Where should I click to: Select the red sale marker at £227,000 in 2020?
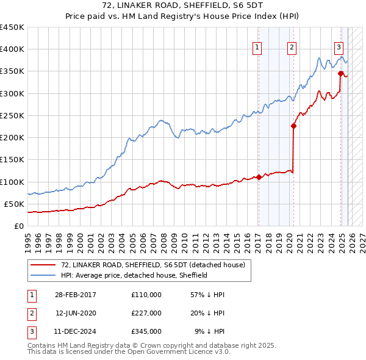(x=293, y=126)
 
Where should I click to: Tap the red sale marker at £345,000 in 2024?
(x=340, y=73)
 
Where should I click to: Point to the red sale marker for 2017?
(x=259, y=178)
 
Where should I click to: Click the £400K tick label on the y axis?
(x=12, y=49)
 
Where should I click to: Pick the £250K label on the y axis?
(x=12, y=115)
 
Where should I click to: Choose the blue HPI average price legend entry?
(x=134, y=275)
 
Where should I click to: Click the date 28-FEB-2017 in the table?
(x=75, y=294)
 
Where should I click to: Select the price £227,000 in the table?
(x=146, y=313)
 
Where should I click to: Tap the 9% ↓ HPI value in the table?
(x=209, y=332)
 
